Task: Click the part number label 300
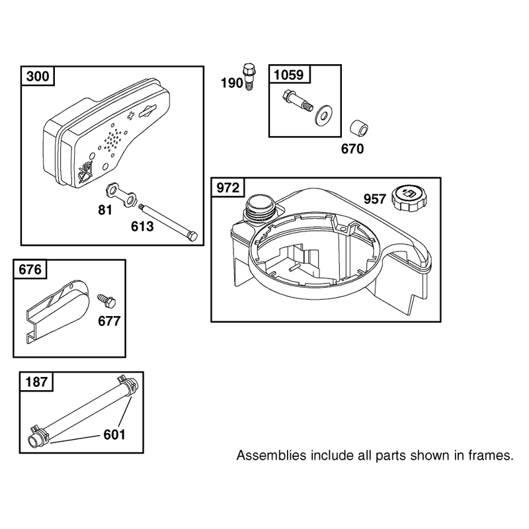(38, 76)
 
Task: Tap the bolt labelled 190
(249, 77)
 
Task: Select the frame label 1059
(289, 75)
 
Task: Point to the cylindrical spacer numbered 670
(358, 129)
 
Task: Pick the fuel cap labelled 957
(409, 196)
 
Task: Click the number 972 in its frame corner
(227, 188)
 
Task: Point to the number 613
(142, 226)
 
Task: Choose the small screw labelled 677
(106, 300)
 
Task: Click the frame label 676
(30, 270)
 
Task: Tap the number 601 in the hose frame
(114, 434)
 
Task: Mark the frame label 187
(36, 382)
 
